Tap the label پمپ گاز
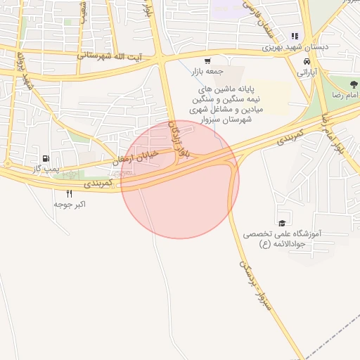47,169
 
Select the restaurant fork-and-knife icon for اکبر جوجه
69,193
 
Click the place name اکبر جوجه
70,205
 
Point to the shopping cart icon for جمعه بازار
207,60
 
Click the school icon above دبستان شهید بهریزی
295,36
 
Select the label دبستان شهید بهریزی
295,47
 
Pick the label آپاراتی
307,72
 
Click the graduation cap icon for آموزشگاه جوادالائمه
281,221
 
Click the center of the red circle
180,179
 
